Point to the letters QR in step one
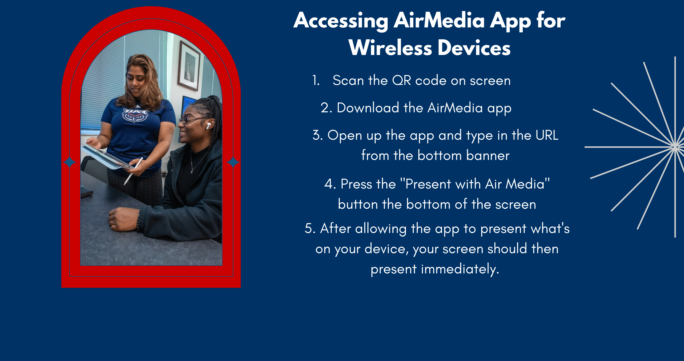[x=402, y=81]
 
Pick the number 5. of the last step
[x=310, y=228]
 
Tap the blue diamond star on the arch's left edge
[x=69, y=162]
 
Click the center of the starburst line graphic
[x=674, y=147]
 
